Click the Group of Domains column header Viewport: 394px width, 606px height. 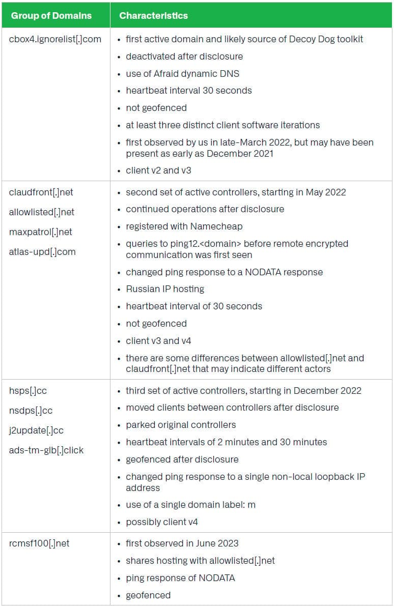pyautogui.click(x=51, y=15)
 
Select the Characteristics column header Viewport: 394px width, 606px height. pyautogui.click(x=153, y=15)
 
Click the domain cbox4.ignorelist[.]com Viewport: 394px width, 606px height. pyautogui.click(x=55, y=39)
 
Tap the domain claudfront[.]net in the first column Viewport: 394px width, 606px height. pyautogui.click(x=41, y=192)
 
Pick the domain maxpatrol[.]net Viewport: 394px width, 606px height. pyautogui.click(x=41, y=232)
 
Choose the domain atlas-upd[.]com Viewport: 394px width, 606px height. pyautogui.click(x=42, y=251)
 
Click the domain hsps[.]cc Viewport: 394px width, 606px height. pyautogui.click(x=28, y=391)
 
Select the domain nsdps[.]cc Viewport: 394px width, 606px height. pyautogui.click(x=31, y=410)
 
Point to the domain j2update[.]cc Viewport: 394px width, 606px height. pyautogui.click(x=36, y=430)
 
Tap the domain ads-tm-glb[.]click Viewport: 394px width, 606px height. pyautogui.click(x=46, y=450)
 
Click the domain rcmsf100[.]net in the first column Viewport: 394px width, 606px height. pyautogui.click(x=39, y=543)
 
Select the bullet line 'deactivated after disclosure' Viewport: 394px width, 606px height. pyautogui.click(x=184, y=56)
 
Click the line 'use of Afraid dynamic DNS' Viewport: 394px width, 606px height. pyautogui.click(x=182, y=73)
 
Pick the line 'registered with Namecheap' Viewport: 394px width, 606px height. pyautogui.click(x=184, y=226)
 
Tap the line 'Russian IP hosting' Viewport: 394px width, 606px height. pyautogui.click(x=165, y=289)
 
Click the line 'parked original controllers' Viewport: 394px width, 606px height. pyautogui.click(x=181, y=425)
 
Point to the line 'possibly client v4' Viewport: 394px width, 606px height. pyautogui.click(x=162, y=522)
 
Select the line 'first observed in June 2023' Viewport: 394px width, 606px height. pyautogui.click(x=182, y=543)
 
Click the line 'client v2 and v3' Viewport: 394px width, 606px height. pyautogui.click(x=158, y=170)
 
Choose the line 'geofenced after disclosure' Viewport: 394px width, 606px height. pyautogui.click(x=182, y=459)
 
